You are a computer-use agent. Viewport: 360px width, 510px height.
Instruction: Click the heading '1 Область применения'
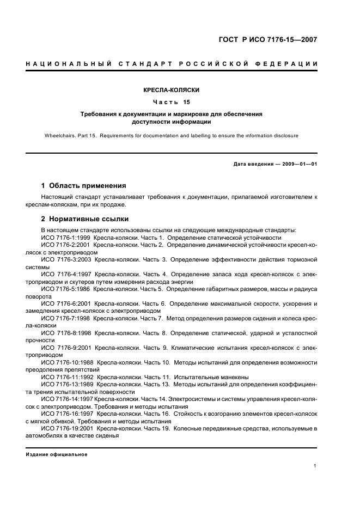pos(83,185)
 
